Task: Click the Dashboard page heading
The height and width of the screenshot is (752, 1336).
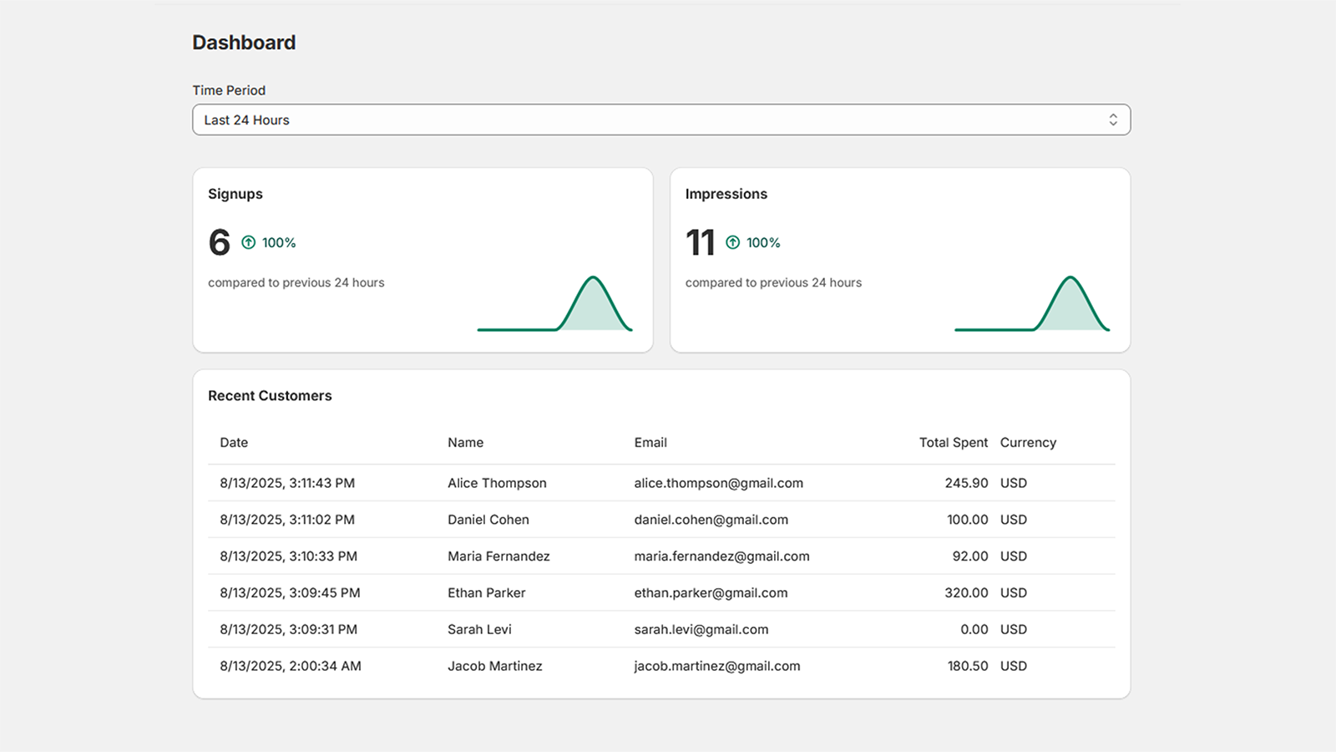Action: pyautogui.click(x=244, y=43)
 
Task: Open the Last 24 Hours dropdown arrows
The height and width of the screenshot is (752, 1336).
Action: pyautogui.click(x=1113, y=120)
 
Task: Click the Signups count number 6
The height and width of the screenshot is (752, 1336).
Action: pyautogui.click(x=220, y=243)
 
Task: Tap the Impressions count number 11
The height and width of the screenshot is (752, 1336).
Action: pyautogui.click(x=700, y=243)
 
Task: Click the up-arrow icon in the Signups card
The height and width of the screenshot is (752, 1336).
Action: pyautogui.click(x=249, y=242)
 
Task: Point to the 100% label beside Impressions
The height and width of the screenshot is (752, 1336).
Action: pyautogui.click(x=763, y=242)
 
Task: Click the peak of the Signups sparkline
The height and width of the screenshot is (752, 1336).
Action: pyautogui.click(x=593, y=278)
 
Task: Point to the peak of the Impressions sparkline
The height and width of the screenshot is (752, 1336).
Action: pyautogui.click(x=1070, y=278)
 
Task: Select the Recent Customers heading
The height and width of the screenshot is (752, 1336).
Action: pyautogui.click(x=270, y=396)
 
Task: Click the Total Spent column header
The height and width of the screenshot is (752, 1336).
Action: pyautogui.click(x=953, y=443)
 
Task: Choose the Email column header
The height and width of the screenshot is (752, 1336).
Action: pyautogui.click(x=650, y=443)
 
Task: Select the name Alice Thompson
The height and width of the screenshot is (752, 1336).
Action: pyautogui.click(x=497, y=483)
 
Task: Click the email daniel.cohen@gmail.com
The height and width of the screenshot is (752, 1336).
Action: pyautogui.click(x=711, y=520)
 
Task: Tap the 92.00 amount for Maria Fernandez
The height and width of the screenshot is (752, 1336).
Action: pyautogui.click(x=970, y=556)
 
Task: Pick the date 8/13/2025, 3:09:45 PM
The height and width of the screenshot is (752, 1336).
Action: pyautogui.click(x=290, y=593)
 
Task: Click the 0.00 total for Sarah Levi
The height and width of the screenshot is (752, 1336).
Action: pyautogui.click(x=974, y=630)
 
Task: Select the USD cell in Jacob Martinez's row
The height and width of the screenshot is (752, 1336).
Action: pyautogui.click(x=1014, y=666)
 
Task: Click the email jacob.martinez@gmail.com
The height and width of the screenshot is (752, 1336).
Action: pyautogui.click(x=716, y=666)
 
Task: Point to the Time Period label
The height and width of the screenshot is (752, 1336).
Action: pyautogui.click(x=229, y=90)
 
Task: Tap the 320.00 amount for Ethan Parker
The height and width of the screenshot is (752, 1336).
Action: pyautogui.click(x=966, y=593)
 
